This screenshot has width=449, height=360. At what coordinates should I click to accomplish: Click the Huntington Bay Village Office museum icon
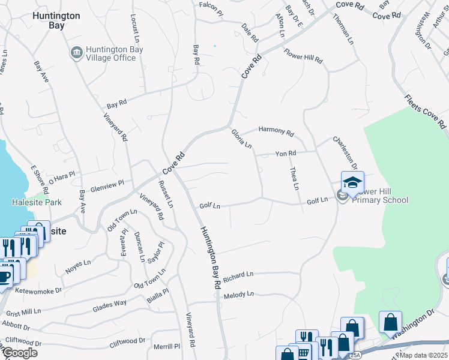(x=77, y=53)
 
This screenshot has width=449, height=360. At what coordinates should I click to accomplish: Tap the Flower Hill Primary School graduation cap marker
(x=352, y=182)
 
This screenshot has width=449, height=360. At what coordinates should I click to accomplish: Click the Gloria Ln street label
(x=241, y=139)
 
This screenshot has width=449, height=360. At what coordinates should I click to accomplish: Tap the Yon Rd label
(x=286, y=154)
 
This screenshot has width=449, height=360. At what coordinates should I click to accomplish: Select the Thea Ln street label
(x=294, y=179)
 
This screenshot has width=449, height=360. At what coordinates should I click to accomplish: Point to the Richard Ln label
(x=238, y=277)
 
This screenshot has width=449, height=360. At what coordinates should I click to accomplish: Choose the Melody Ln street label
(x=239, y=295)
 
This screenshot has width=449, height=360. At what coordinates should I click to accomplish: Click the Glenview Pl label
(x=106, y=186)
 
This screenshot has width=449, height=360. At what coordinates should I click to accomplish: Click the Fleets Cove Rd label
(x=425, y=112)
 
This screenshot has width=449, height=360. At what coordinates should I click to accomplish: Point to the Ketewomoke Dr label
(x=42, y=291)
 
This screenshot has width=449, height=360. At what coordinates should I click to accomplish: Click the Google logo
(x=20, y=353)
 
